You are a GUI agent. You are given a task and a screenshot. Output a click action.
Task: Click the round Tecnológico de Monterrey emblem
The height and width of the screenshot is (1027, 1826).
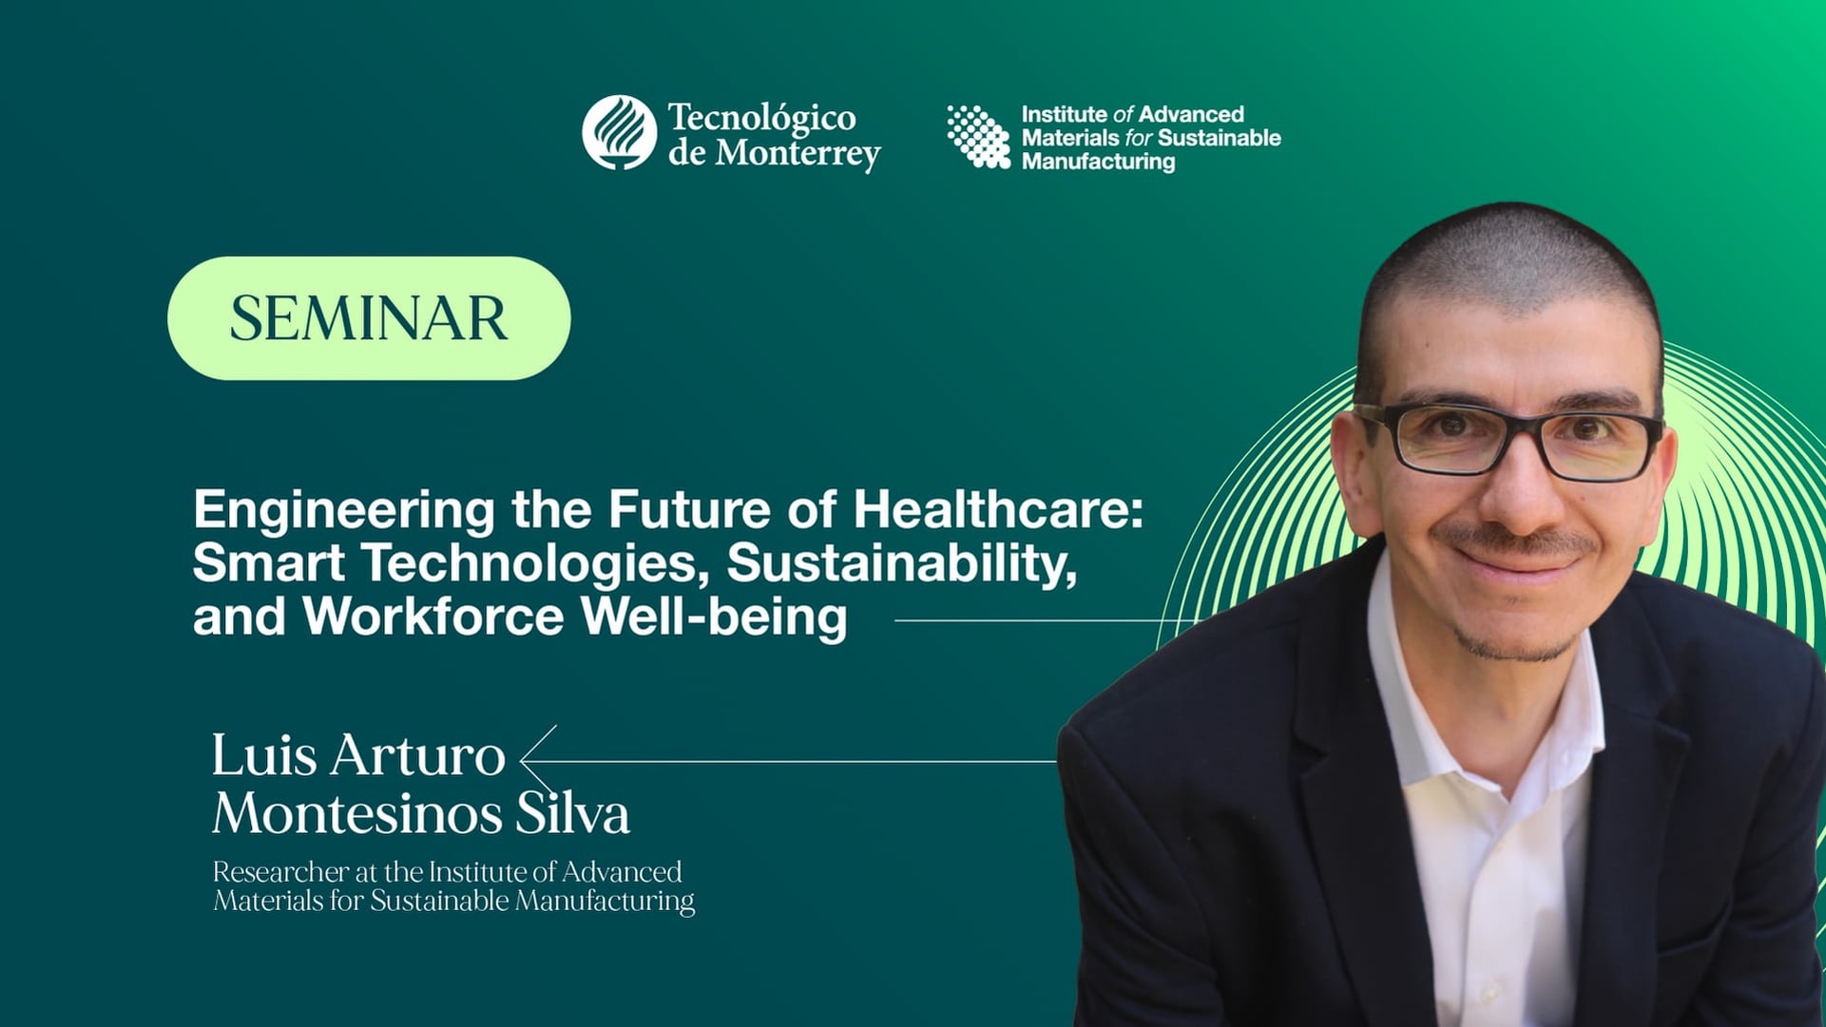tap(620, 133)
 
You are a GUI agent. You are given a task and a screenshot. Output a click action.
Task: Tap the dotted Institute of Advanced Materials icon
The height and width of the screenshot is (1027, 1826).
tap(978, 137)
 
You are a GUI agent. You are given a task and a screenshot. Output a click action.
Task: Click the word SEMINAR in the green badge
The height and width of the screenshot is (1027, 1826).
tap(369, 318)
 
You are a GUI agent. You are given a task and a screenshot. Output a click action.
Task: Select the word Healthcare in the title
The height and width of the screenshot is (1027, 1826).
tap(997, 509)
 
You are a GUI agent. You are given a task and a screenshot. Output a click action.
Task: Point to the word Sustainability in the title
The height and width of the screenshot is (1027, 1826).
tap(901, 562)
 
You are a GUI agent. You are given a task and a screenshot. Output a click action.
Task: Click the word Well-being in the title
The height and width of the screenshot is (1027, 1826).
tap(714, 617)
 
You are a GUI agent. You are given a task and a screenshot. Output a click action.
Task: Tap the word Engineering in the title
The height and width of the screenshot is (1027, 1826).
tap(344, 511)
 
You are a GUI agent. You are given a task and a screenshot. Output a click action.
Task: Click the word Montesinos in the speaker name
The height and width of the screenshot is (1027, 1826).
tap(356, 814)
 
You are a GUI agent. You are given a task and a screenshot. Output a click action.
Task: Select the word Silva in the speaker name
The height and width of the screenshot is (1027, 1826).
tap(572, 814)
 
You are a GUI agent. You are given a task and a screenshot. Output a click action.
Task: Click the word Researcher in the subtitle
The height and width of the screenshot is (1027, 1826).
tap(280, 872)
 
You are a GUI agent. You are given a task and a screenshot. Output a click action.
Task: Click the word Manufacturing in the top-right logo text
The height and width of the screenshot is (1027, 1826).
tap(1098, 162)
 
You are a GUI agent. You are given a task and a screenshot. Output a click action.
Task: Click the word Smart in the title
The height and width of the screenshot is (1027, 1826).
tap(268, 562)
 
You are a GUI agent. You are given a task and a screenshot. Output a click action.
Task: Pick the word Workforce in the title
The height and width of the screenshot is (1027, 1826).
tap(433, 617)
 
